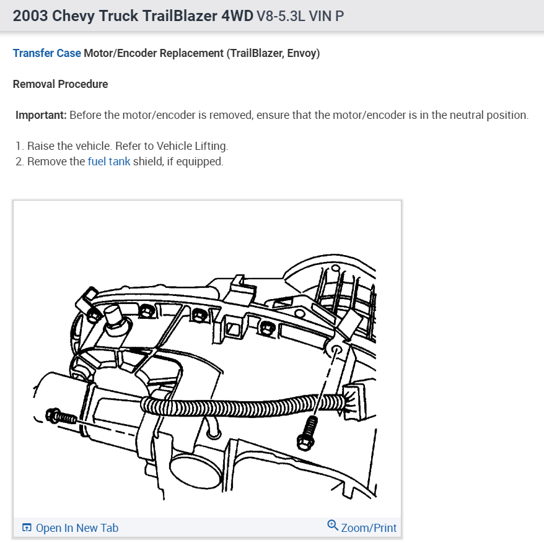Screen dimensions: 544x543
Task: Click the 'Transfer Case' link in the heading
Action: point(46,53)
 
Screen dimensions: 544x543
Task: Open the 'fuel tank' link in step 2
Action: point(109,162)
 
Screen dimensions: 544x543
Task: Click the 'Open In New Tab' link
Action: point(77,528)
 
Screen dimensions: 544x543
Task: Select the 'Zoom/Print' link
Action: point(369,528)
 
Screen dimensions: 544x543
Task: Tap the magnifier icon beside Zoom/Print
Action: point(333,526)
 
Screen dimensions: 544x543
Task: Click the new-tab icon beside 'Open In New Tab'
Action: point(27,528)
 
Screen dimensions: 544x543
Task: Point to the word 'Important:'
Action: point(41,115)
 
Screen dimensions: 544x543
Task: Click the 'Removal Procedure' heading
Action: point(60,84)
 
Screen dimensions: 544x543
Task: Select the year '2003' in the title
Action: point(30,16)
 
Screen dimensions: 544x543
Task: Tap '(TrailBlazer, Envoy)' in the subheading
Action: point(273,53)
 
